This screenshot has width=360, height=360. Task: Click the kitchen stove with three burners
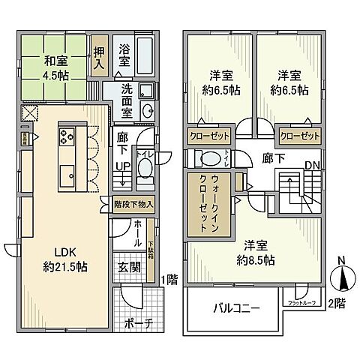[64, 137]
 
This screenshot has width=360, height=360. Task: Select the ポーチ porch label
[136, 323]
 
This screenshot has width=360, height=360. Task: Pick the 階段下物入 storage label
[133, 203]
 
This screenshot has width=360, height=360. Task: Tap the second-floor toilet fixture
[206, 157]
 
